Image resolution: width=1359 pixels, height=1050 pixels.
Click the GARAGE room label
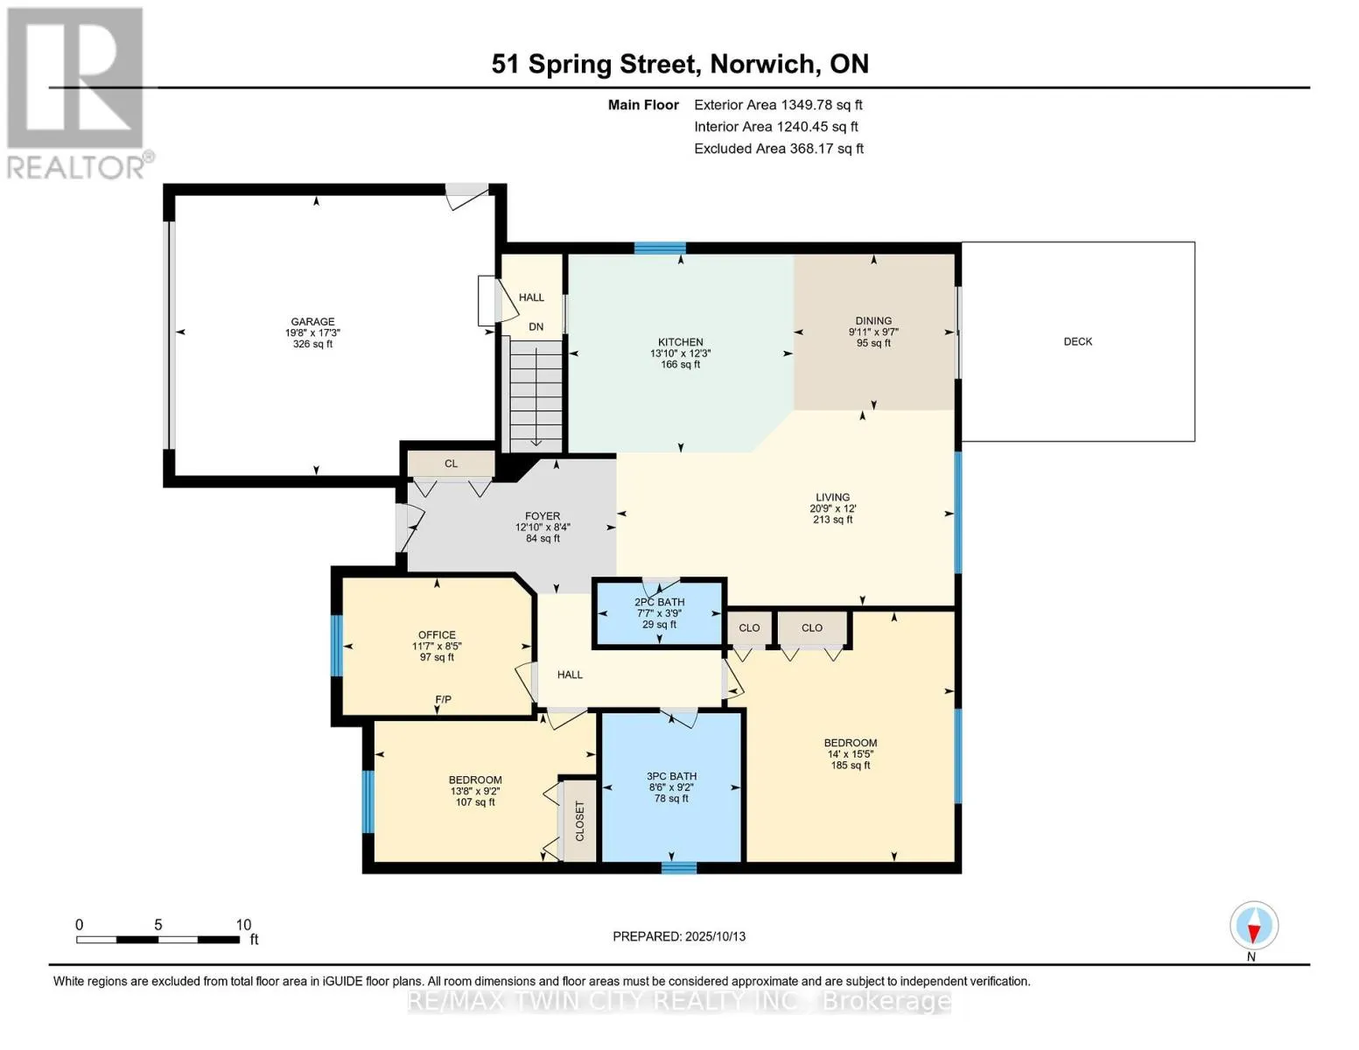tap(312, 321)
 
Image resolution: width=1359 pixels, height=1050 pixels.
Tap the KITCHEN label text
tap(681, 342)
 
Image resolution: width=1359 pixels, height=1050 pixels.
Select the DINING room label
tap(873, 321)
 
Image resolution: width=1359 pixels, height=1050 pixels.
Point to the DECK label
tap(1077, 341)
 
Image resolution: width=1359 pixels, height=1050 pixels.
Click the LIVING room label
tap(832, 498)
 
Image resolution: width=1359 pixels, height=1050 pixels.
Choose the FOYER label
tap(543, 516)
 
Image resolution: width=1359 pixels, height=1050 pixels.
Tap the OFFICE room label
tap(437, 634)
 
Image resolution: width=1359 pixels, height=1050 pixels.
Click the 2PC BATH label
tap(659, 602)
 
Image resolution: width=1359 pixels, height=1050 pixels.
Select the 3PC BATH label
tap(671, 776)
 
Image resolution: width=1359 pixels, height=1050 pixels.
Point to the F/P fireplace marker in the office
tap(444, 699)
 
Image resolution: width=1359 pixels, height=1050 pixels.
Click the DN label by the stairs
tap(536, 326)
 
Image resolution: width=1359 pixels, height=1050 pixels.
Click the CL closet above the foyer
tap(451, 464)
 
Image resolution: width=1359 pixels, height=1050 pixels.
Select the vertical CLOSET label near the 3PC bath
tap(579, 821)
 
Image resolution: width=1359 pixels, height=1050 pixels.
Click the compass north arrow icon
tap(1254, 926)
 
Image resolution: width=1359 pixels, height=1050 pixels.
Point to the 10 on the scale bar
tap(243, 925)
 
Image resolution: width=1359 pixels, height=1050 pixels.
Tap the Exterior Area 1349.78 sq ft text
tap(778, 105)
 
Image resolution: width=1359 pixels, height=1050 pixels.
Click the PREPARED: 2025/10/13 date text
tap(679, 936)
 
